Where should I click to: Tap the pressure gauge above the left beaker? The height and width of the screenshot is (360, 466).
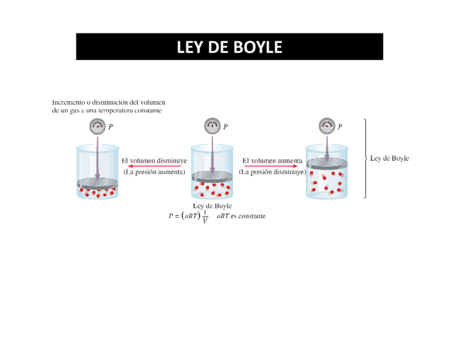pos(97,126)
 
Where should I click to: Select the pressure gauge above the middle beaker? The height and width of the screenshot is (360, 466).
pos(212,126)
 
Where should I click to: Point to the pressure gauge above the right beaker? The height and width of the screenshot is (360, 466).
pos(327,126)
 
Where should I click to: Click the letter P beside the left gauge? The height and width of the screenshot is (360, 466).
pos(111,127)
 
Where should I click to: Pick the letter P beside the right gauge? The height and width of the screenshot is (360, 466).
pos(340,127)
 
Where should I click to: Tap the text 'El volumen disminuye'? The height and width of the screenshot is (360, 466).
pos(154,160)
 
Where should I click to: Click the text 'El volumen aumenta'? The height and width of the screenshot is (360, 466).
pos(272,160)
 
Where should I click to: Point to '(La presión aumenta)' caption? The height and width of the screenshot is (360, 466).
pos(154,172)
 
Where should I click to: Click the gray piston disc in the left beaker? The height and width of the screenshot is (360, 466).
pos(97,182)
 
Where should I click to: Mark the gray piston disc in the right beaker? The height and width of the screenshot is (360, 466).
pos(327,164)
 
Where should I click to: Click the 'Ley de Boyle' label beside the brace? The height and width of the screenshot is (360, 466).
pos(390,158)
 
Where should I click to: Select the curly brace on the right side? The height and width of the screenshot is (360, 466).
pos(365,158)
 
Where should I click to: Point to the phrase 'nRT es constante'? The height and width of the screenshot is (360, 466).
pos(242,217)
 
